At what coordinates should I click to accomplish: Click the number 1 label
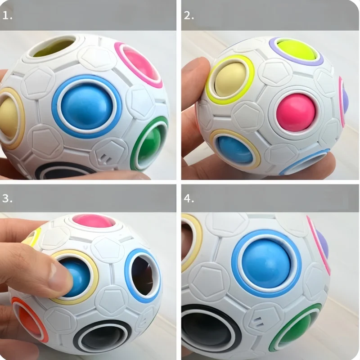8,15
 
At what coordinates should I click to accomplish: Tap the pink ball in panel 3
90,220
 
